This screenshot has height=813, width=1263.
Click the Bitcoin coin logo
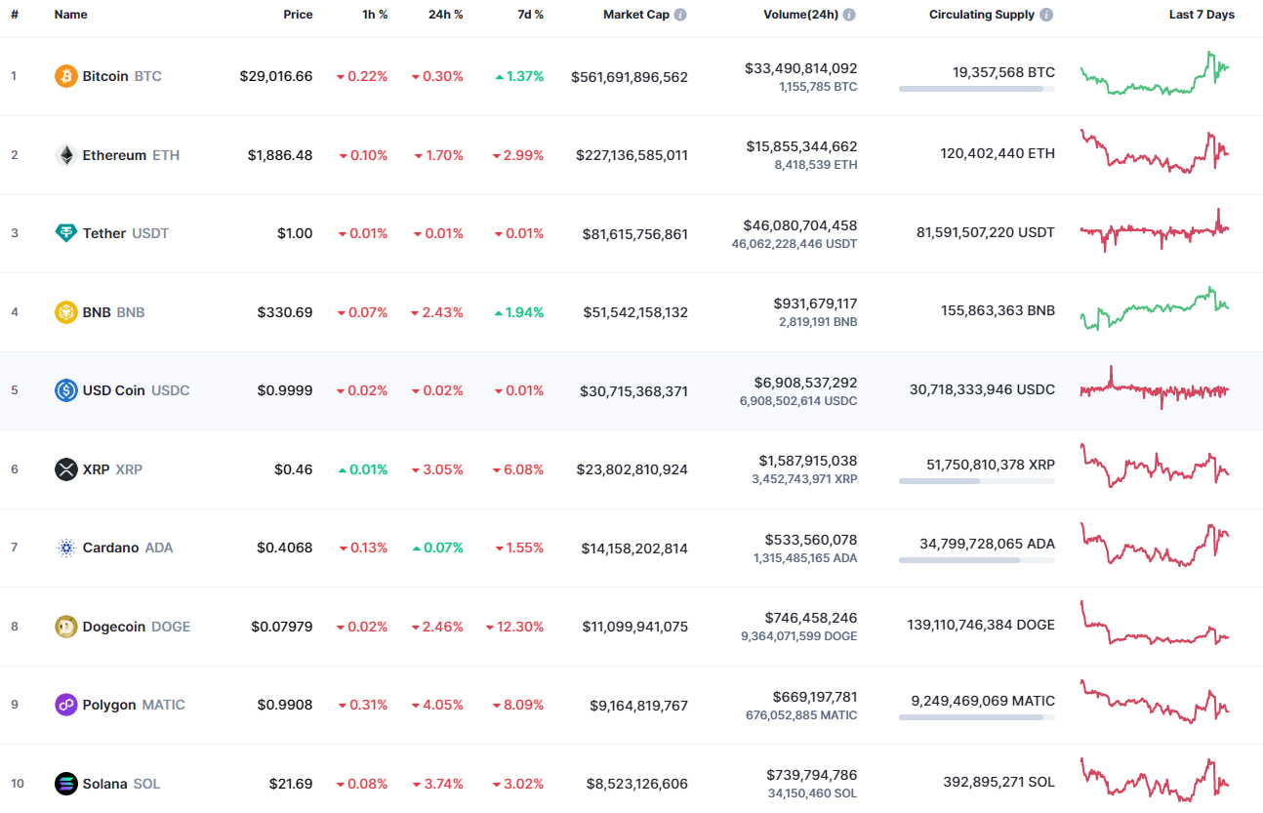click(x=66, y=76)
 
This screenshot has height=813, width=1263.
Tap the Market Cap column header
click(x=635, y=15)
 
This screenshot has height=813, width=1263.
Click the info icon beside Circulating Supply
click(x=1046, y=15)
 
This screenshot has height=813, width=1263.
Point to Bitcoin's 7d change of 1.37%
click(x=519, y=76)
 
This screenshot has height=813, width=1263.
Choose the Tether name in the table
click(x=103, y=233)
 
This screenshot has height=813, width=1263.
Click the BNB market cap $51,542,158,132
click(x=635, y=312)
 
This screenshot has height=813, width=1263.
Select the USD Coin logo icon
click(x=66, y=390)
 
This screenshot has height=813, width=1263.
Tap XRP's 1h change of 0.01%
click(x=362, y=469)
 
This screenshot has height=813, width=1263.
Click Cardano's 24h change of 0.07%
click(x=437, y=548)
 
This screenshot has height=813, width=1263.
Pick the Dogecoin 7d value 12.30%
click(x=514, y=627)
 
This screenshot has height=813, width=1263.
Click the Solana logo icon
click(x=66, y=783)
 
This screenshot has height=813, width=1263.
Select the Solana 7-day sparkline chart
click(x=1155, y=779)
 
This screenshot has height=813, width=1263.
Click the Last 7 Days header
click(x=1202, y=15)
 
